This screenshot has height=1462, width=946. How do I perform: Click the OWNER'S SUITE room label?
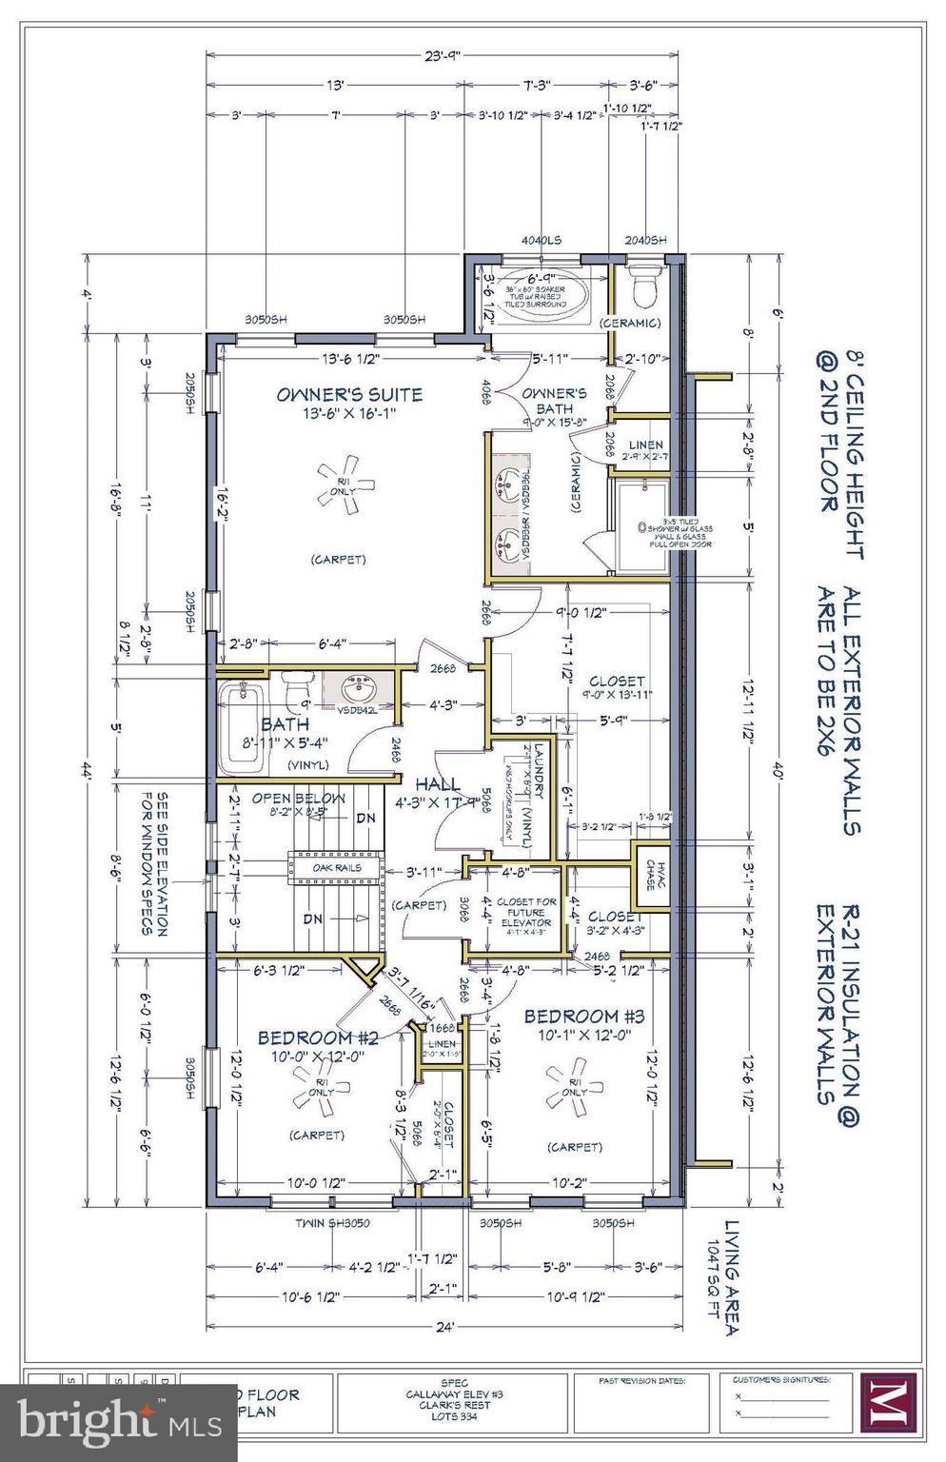(349, 394)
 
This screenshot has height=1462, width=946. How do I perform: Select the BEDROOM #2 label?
(318, 1037)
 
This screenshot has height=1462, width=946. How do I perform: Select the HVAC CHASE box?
(652, 867)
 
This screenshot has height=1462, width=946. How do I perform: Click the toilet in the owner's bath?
(644, 286)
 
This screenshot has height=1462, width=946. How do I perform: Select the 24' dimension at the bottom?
(445, 1325)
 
